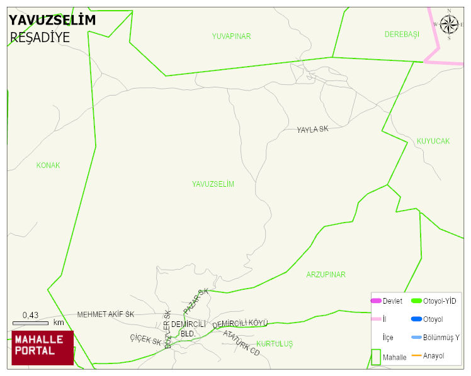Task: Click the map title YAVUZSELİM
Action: coord(52,20)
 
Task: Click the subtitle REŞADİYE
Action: coord(40,38)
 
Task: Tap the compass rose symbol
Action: coord(449,25)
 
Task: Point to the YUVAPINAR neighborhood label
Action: coord(231,36)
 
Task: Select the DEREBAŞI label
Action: coord(402,35)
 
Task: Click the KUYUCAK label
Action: coord(433,141)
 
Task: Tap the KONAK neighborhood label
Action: coord(48,165)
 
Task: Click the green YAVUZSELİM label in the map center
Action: coord(213,184)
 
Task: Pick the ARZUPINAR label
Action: coord(326,275)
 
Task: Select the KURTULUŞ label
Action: coord(275,344)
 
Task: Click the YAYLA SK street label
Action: coord(313,130)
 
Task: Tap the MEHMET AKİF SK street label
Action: coord(106,314)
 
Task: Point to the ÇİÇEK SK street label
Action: coord(145,341)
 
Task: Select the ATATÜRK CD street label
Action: coord(241,343)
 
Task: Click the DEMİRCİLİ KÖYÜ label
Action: coord(240,324)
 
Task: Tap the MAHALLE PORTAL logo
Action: coord(43,348)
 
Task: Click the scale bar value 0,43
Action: coord(30,315)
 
